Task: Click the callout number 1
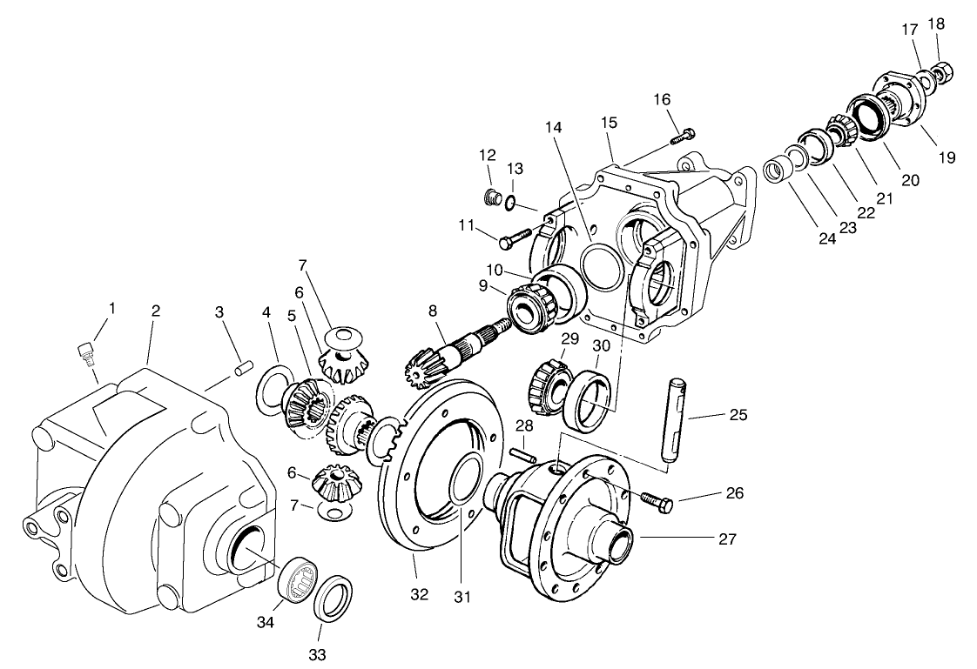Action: point(111,308)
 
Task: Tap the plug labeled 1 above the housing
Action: point(84,351)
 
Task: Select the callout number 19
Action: point(947,157)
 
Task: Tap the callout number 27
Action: point(727,539)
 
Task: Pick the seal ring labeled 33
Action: point(333,599)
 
